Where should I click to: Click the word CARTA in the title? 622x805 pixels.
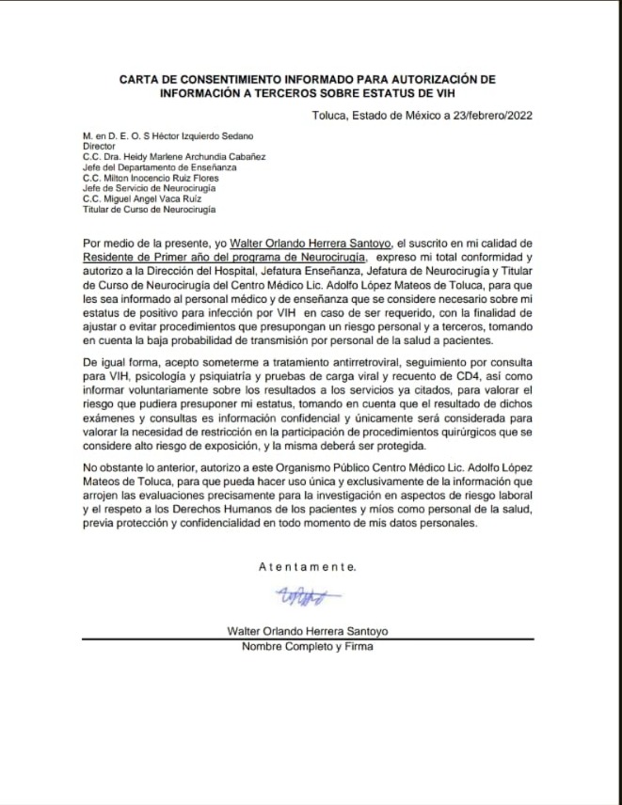pyautogui.click(x=139, y=79)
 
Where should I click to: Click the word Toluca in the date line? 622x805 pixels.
pyautogui.click(x=330, y=116)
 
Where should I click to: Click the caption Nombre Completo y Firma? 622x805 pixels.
pyautogui.click(x=307, y=647)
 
